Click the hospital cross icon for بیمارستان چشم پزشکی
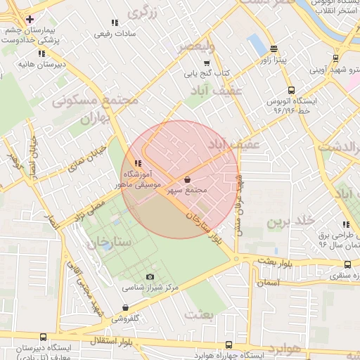29,18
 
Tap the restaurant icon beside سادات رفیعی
115,23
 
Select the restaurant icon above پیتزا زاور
282,48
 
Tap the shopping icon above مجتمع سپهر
186,179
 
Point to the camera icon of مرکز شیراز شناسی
149,277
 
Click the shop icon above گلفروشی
125,307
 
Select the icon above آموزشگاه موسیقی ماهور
128,163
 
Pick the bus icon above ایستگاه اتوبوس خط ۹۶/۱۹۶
292,90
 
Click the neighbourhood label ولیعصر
193,46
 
